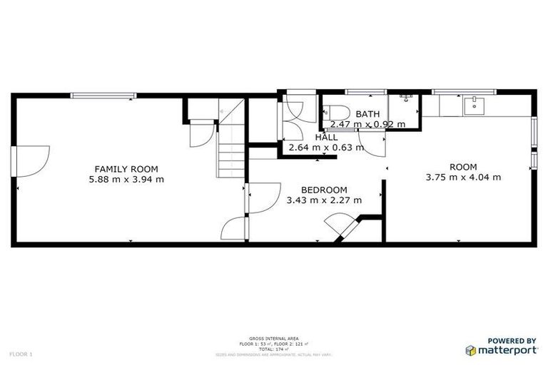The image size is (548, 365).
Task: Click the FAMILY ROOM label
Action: pos(126,169)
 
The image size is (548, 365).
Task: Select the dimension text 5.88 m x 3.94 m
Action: pos(126,180)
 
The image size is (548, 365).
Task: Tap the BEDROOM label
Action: pos(323,190)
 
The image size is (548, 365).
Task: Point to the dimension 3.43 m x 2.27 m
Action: pos(323,200)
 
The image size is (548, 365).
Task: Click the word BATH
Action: pos(367,114)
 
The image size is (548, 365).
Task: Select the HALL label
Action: pos(326,138)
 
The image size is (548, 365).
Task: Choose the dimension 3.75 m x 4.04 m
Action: pos(463,178)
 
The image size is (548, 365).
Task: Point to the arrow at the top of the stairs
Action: pos(223,110)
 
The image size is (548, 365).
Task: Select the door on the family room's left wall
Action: pos(31,162)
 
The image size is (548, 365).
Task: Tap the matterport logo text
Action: pos(507,350)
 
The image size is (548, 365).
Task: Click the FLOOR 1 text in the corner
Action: pos(21,354)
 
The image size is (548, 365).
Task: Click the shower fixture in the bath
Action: pos(406,97)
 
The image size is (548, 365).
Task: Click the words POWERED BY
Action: pos(512,341)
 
